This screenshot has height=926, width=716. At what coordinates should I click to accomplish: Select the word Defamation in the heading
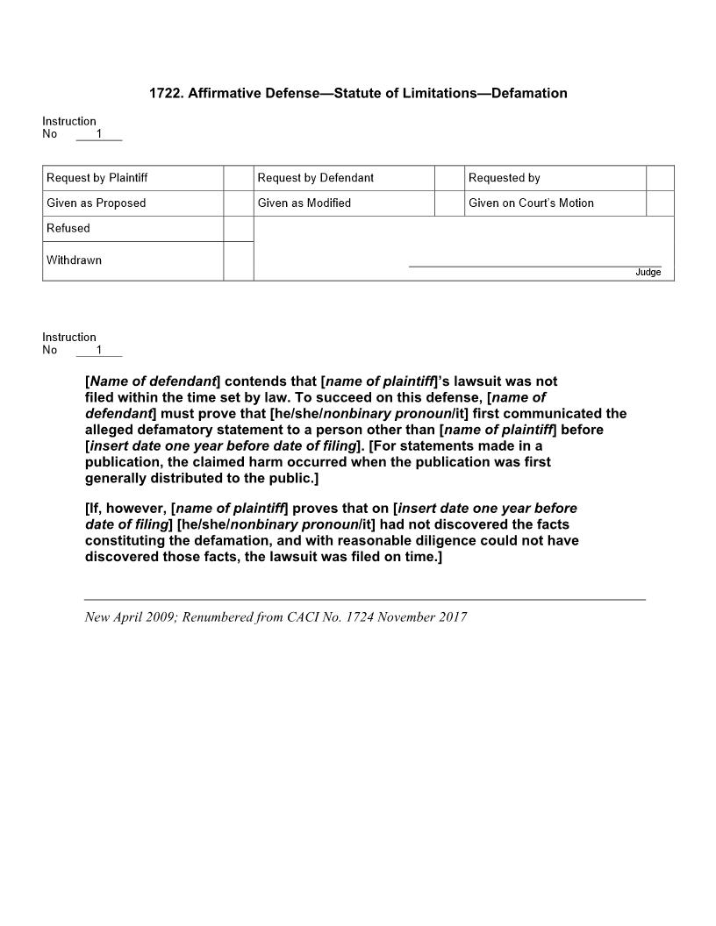(x=529, y=93)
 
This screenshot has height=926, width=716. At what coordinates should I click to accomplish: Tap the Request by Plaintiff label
(x=97, y=178)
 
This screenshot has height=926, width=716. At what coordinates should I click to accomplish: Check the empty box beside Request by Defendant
(x=449, y=178)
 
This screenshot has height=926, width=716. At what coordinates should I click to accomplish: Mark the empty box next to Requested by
(x=660, y=178)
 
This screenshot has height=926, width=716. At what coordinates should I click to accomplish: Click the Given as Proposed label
(x=97, y=203)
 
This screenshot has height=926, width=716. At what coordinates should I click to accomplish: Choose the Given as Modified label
(x=304, y=203)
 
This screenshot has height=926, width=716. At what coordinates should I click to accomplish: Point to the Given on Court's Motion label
(x=531, y=203)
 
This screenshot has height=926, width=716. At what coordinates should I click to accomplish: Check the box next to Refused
(x=238, y=229)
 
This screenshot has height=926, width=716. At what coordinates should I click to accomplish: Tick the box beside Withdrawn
(x=238, y=260)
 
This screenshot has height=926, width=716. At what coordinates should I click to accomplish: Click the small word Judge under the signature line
(x=648, y=273)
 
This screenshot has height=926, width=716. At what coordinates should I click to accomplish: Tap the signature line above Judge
(x=535, y=266)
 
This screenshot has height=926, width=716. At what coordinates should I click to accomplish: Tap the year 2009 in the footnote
(x=160, y=617)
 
